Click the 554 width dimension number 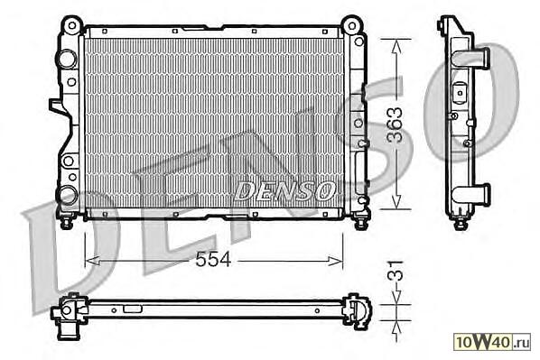coord(213,259)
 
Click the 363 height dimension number coord(395,125)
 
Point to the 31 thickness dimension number coord(395,270)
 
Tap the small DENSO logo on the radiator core coord(284,190)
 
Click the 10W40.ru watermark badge coord(492,342)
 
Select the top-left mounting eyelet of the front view coord(71,25)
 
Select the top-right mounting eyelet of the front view coord(351,25)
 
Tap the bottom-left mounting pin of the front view coord(66,221)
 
